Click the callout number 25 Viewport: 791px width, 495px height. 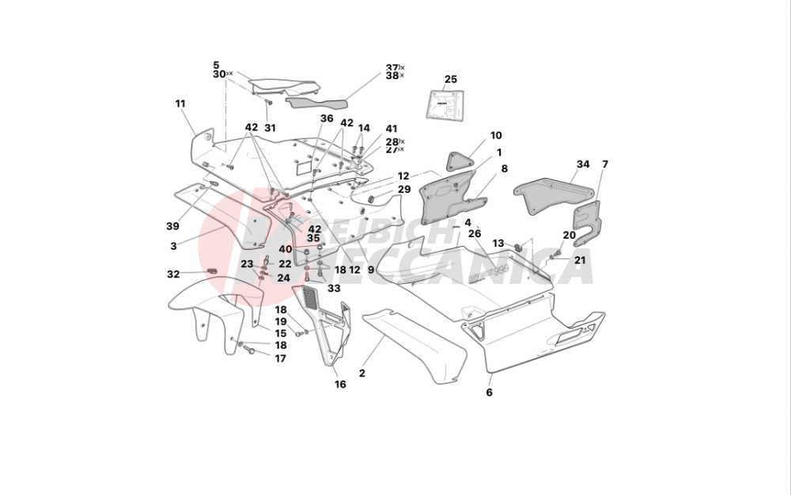(x=451, y=79)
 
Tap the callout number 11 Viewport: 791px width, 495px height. (x=180, y=104)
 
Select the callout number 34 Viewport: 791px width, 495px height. (x=583, y=164)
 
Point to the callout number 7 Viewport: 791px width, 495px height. (x=605, y=164)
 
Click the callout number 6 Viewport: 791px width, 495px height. (x=489, y=392)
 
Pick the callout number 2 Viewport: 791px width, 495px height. (x=362, y=372)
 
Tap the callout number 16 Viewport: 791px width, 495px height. (x=340, y=385)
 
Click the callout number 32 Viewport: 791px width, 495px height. (x=173, y=274)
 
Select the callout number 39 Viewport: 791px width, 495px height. (x=172, y=226)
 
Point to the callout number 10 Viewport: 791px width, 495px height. (x=495, y=136)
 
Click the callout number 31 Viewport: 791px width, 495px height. (x=270, y=128)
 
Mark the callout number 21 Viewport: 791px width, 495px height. (x=580, y=259)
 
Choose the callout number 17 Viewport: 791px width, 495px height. (x=280, y=358)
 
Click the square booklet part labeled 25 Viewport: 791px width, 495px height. (x=445, y=106)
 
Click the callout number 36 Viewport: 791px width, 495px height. (x=327, y=119)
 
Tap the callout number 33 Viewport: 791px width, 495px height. (x=333, y=289)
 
